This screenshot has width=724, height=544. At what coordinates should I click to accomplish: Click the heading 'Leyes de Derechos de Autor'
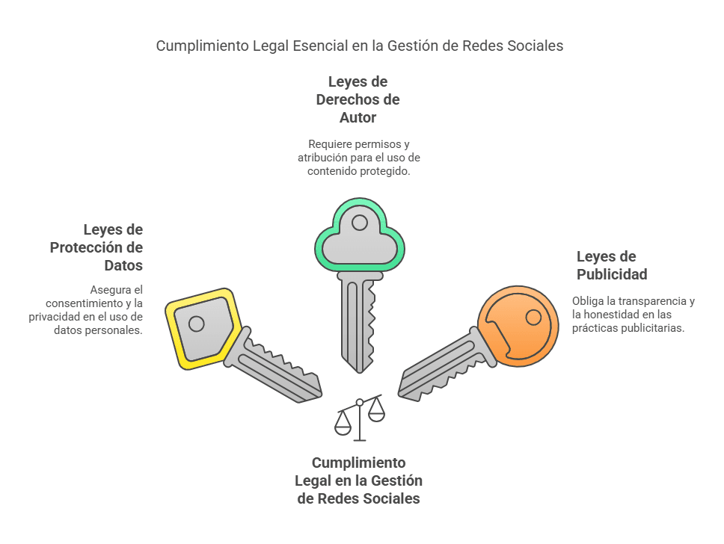pos(358,99)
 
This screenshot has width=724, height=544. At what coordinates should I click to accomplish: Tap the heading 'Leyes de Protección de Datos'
pos(96,248)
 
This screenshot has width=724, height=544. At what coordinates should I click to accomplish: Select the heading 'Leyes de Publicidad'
pos(612,265)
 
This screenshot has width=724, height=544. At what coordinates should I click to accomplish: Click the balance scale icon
pos(360,418)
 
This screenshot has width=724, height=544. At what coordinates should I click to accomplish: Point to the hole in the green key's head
pos(359,223)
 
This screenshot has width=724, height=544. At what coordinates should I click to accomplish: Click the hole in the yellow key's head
pos(196,324)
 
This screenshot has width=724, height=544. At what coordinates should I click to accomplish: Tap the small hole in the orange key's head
pos(534,318)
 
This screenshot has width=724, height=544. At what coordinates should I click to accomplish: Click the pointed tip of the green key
pos(360,372)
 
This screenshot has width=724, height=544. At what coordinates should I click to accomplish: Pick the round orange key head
pos(518,327)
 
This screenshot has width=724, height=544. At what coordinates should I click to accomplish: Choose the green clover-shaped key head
pos(360,235)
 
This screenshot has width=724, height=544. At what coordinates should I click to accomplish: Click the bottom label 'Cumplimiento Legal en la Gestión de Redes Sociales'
pos(359,480)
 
